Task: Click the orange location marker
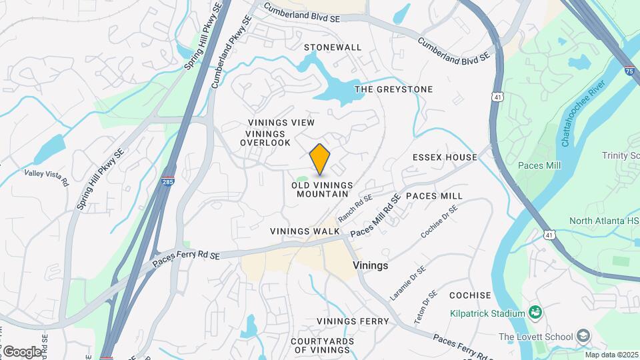coord(320,159)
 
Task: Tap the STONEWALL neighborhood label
coord(333,47)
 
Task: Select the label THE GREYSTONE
coord(393,89)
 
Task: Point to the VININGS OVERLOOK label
coord(265,138)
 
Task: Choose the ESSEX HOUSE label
coord(445,157)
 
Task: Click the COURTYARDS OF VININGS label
coord(322,345)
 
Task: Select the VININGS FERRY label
coord(353,321)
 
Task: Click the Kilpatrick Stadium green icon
coord(535,312)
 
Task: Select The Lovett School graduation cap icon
coord(584,335)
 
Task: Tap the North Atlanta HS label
coord(604,221)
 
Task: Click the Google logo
coord(22,351)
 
